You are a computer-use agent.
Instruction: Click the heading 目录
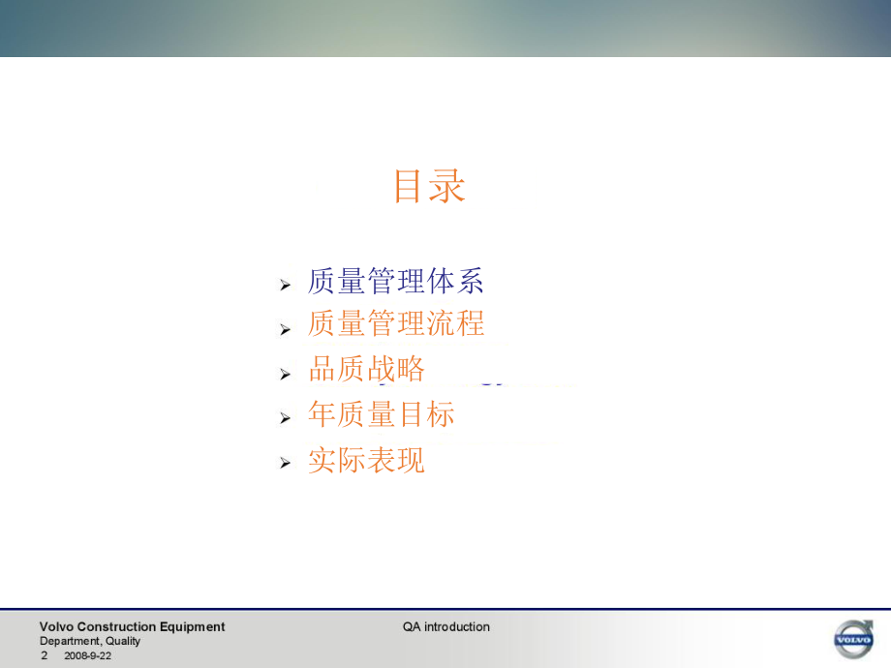tap(429, 186)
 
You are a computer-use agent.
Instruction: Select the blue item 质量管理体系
tap(395, 281)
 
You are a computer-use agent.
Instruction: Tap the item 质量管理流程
tap(395, 323)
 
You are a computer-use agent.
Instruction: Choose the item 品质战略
tap(366, 369)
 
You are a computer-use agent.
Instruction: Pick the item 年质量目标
tap(381, 414)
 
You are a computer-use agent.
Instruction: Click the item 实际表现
tap(366, 460)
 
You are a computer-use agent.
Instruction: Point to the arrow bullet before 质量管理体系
tap(286, 285)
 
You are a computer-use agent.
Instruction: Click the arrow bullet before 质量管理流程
tap(286, 329)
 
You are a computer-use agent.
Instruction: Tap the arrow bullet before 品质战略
tap(286, 374)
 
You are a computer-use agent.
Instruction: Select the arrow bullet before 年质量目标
tap(286, 418)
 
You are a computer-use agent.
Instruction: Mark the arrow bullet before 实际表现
tap(286, 464)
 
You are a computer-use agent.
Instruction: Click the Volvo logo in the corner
tap(853, 639)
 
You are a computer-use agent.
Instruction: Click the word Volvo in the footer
tap(55, 627)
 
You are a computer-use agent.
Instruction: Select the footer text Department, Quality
tap(90, 641)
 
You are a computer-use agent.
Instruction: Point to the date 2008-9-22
tap(87, 655)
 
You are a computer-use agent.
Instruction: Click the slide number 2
tap(44, 655)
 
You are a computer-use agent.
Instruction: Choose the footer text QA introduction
tap(446, 627)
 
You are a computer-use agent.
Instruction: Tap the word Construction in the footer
tap(120, 627)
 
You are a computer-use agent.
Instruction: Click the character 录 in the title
tap(447, 186)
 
